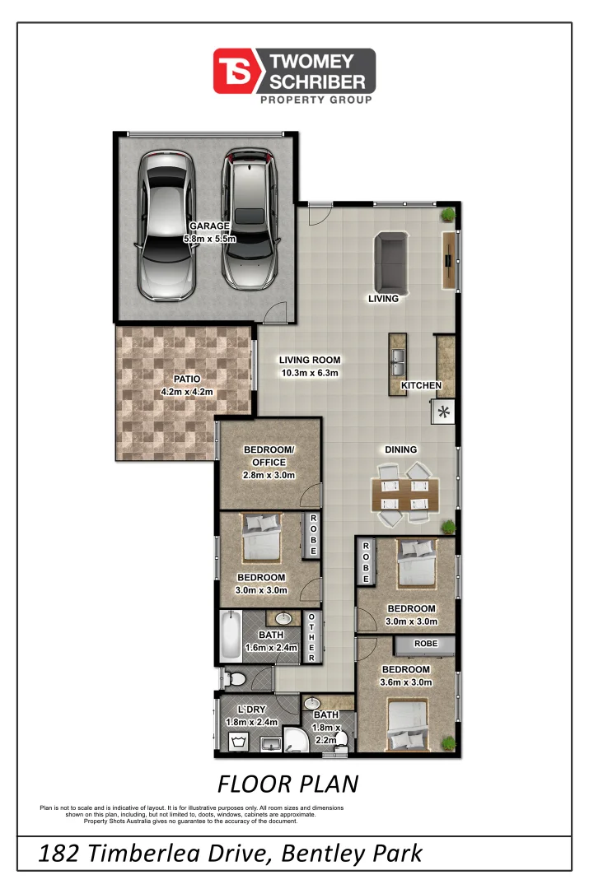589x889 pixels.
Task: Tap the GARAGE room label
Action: pos(209,226)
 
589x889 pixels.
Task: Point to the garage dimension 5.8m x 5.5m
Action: pos(209,239)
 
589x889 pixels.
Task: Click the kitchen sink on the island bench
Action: pos(396,356)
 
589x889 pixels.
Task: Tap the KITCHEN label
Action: pos(422,385)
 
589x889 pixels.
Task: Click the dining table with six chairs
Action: pos(405,495)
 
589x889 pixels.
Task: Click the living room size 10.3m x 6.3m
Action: pos(309,373)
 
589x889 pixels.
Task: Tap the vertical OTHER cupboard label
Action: pos(312,636)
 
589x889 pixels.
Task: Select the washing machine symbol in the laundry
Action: pos(240,742)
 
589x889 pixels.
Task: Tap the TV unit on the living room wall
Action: pos(450,260)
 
